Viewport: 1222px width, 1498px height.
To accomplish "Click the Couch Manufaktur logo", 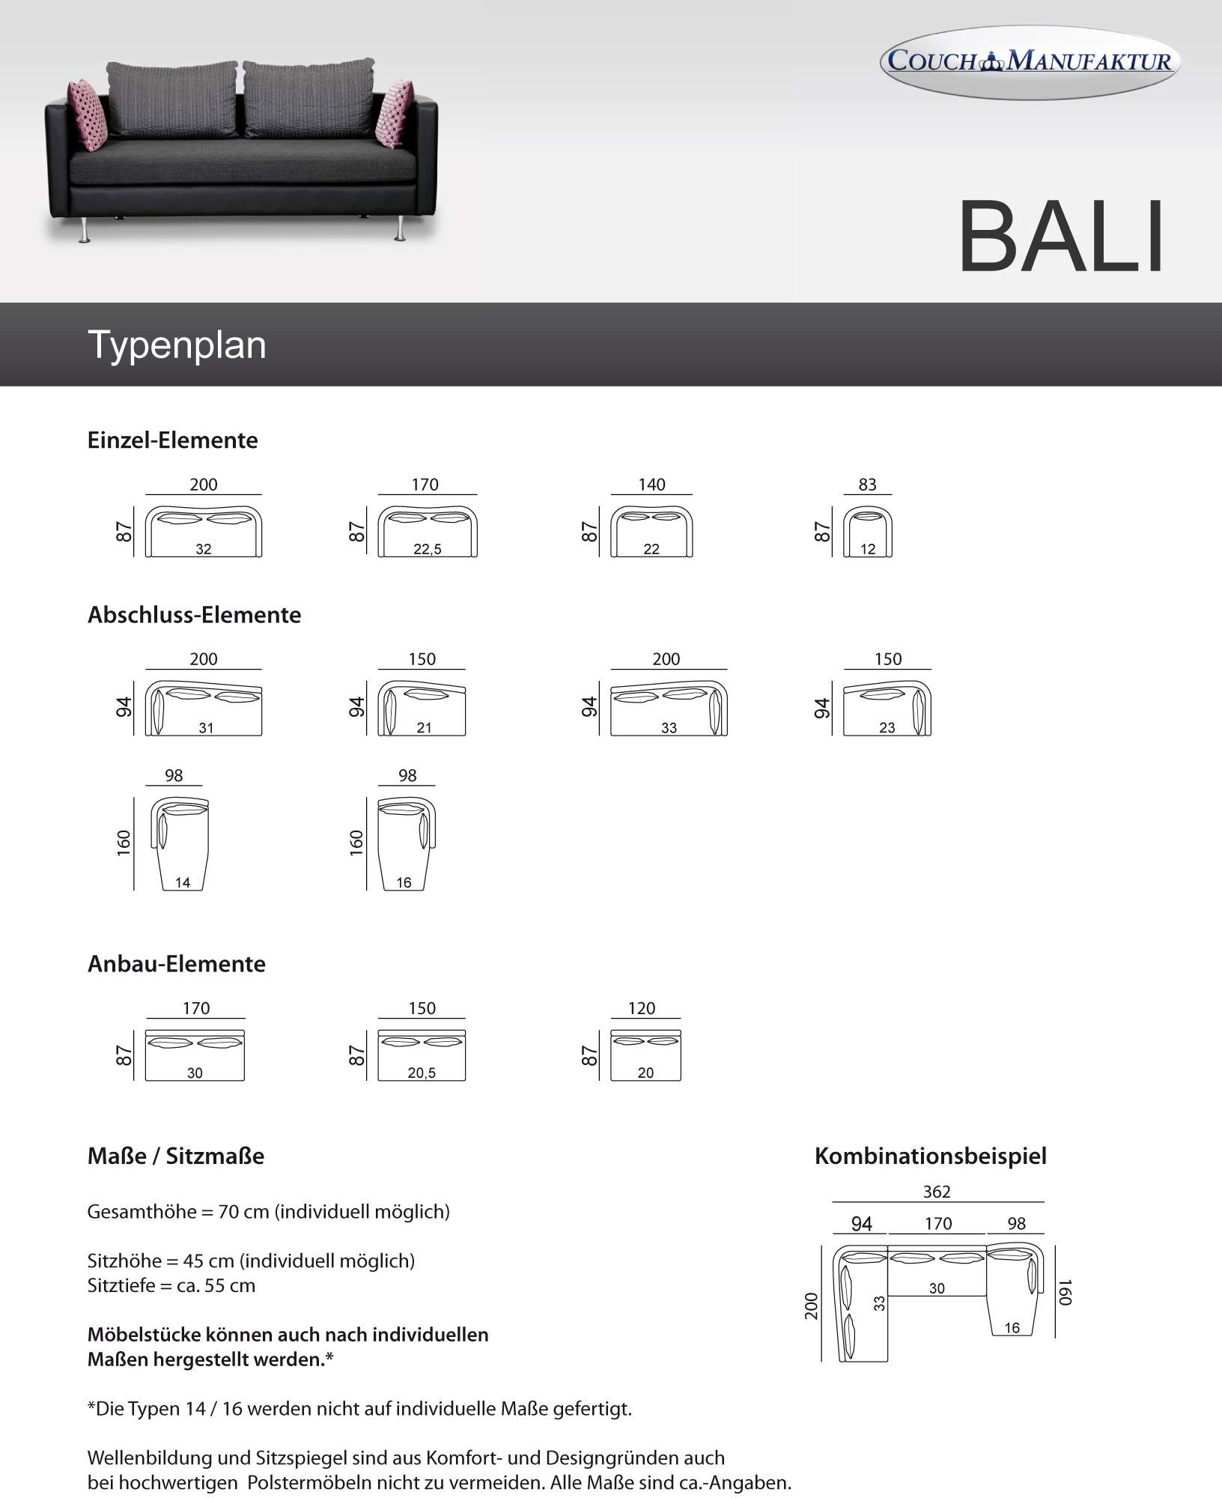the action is [x=1030, y=61].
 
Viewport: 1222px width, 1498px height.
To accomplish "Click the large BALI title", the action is [x=1061, y=236].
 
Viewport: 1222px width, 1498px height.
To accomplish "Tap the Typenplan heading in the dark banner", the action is [x=177, y=345].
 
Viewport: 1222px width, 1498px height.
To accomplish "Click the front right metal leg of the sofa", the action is [x=401, y=228].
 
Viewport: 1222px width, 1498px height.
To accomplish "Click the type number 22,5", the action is [x=428, y=549].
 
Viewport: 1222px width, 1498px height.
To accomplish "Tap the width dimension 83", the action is [x=867, y=485].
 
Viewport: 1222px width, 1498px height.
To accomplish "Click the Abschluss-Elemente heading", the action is [x=194, y=615].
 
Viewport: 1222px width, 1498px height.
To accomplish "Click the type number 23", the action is [x=887, y=727].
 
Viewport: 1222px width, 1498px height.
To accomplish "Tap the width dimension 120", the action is [x=642, y=1008].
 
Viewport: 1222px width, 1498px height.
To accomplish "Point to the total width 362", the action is [x=937, y=1192].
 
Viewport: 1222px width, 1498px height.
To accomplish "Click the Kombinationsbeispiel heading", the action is [x=931, y=1156].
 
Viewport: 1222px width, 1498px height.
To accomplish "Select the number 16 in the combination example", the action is [x=1012, y=1328].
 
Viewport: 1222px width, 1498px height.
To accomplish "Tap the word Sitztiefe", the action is [x=121, y=1286].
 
